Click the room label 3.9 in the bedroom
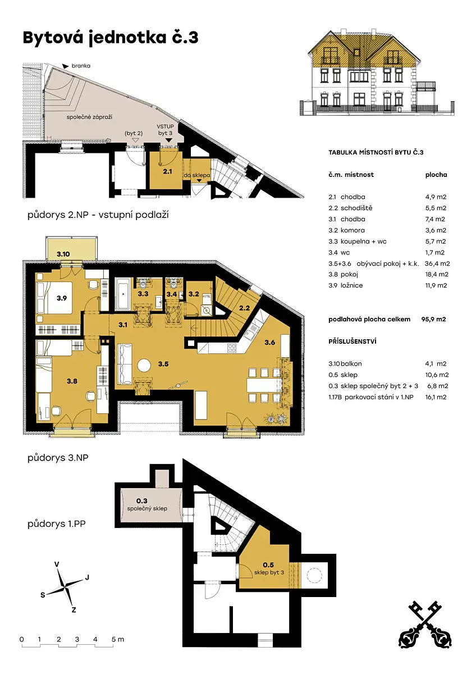click(x=62, y=298)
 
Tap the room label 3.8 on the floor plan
click(x=72, y=381)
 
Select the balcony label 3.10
click(x=63, y=254)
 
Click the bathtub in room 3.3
click(x=123, y=294)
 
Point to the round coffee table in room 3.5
click(x=144, y=366)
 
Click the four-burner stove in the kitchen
click(x=231, y=348)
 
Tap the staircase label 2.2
click(x=244, y=308)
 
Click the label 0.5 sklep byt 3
click(x=269, y=568)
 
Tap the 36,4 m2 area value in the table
click(x=437, y=263)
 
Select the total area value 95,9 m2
click(x=433, y=319)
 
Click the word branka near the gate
click(x=81, y=66)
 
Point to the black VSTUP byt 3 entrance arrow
click(x=169, y=140)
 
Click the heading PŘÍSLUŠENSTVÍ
click(x=353, y=341)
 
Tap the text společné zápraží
click(x=89, y=117)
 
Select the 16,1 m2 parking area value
click(x=436, y=397)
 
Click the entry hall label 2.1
click(x=167, y=171)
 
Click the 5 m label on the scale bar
click(x=118, y=639)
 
